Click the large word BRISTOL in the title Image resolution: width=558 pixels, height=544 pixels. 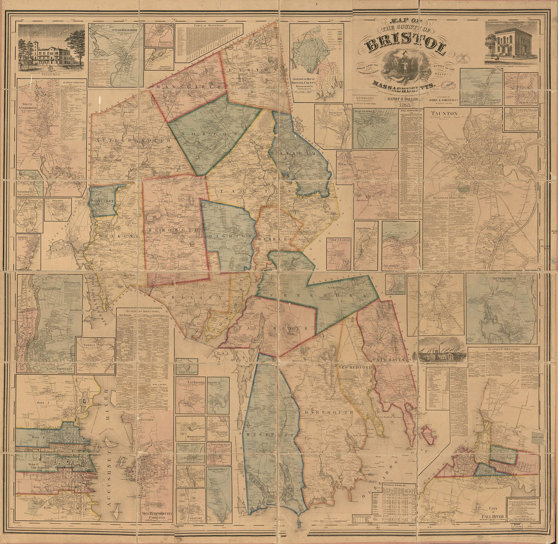click(405, 45)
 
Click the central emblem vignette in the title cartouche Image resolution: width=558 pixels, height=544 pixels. click(406, 66)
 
